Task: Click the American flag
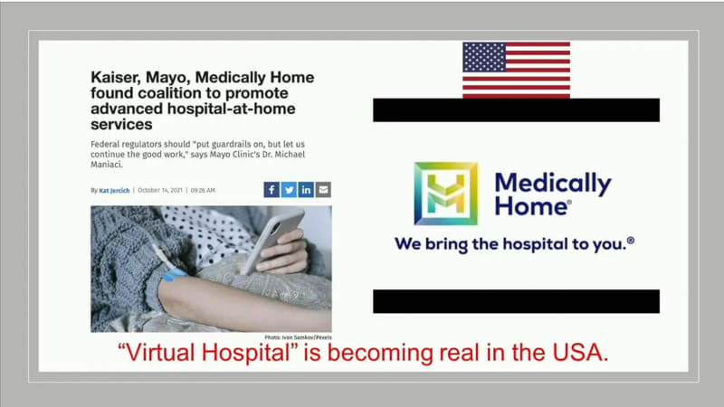pos(516,69)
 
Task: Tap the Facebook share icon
pos(271,190)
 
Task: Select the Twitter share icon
pos(289,190)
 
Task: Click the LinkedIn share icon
pos(306,190)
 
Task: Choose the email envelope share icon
pos(323,190)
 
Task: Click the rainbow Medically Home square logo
pos(445,194)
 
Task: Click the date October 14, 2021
pos(161,190)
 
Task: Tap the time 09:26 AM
pos(203,190)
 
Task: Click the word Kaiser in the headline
pos(117,78)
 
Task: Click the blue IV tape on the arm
pos(173,273)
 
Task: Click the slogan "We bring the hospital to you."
pos(514,243)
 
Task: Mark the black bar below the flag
pos(516,110)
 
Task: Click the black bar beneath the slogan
pos(516,301)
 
